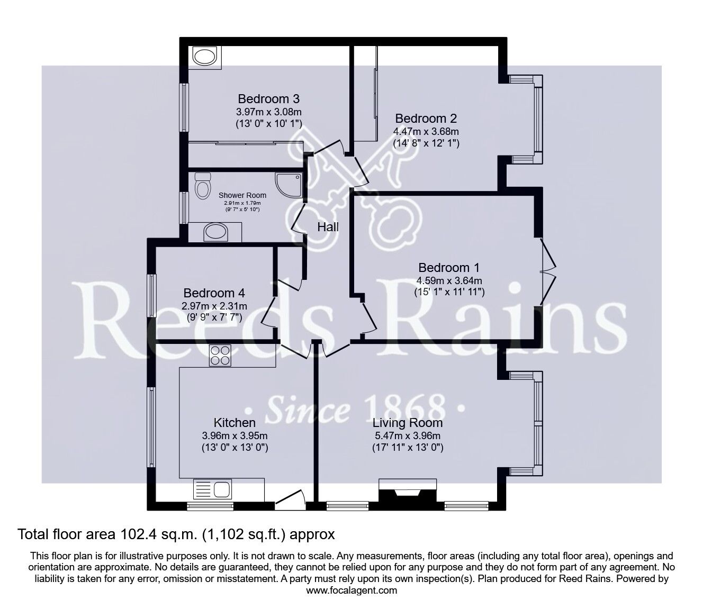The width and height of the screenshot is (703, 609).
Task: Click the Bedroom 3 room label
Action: point(268,99)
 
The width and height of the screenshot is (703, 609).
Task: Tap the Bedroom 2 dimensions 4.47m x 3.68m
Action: point(426,131)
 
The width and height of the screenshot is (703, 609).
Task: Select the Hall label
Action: point(328,227)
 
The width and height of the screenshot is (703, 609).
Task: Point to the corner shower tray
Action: point(289,186)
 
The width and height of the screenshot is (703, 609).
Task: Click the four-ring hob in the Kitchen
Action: point(220,356)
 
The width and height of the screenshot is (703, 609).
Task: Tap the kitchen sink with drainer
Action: point(212,489)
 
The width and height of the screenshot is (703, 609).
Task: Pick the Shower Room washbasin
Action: point(215,233)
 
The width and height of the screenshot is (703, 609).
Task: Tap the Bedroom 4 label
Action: point(214,293)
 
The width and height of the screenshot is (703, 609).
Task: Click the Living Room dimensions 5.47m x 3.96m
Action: point(408,435)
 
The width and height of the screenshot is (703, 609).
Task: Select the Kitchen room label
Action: point(235,423)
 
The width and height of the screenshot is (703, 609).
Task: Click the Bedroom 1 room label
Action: point(449,268)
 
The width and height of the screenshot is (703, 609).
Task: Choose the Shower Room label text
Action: point(242,196)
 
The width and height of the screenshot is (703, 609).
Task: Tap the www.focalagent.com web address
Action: point(351,590)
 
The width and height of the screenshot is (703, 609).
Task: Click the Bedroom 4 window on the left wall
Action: point(152,295)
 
